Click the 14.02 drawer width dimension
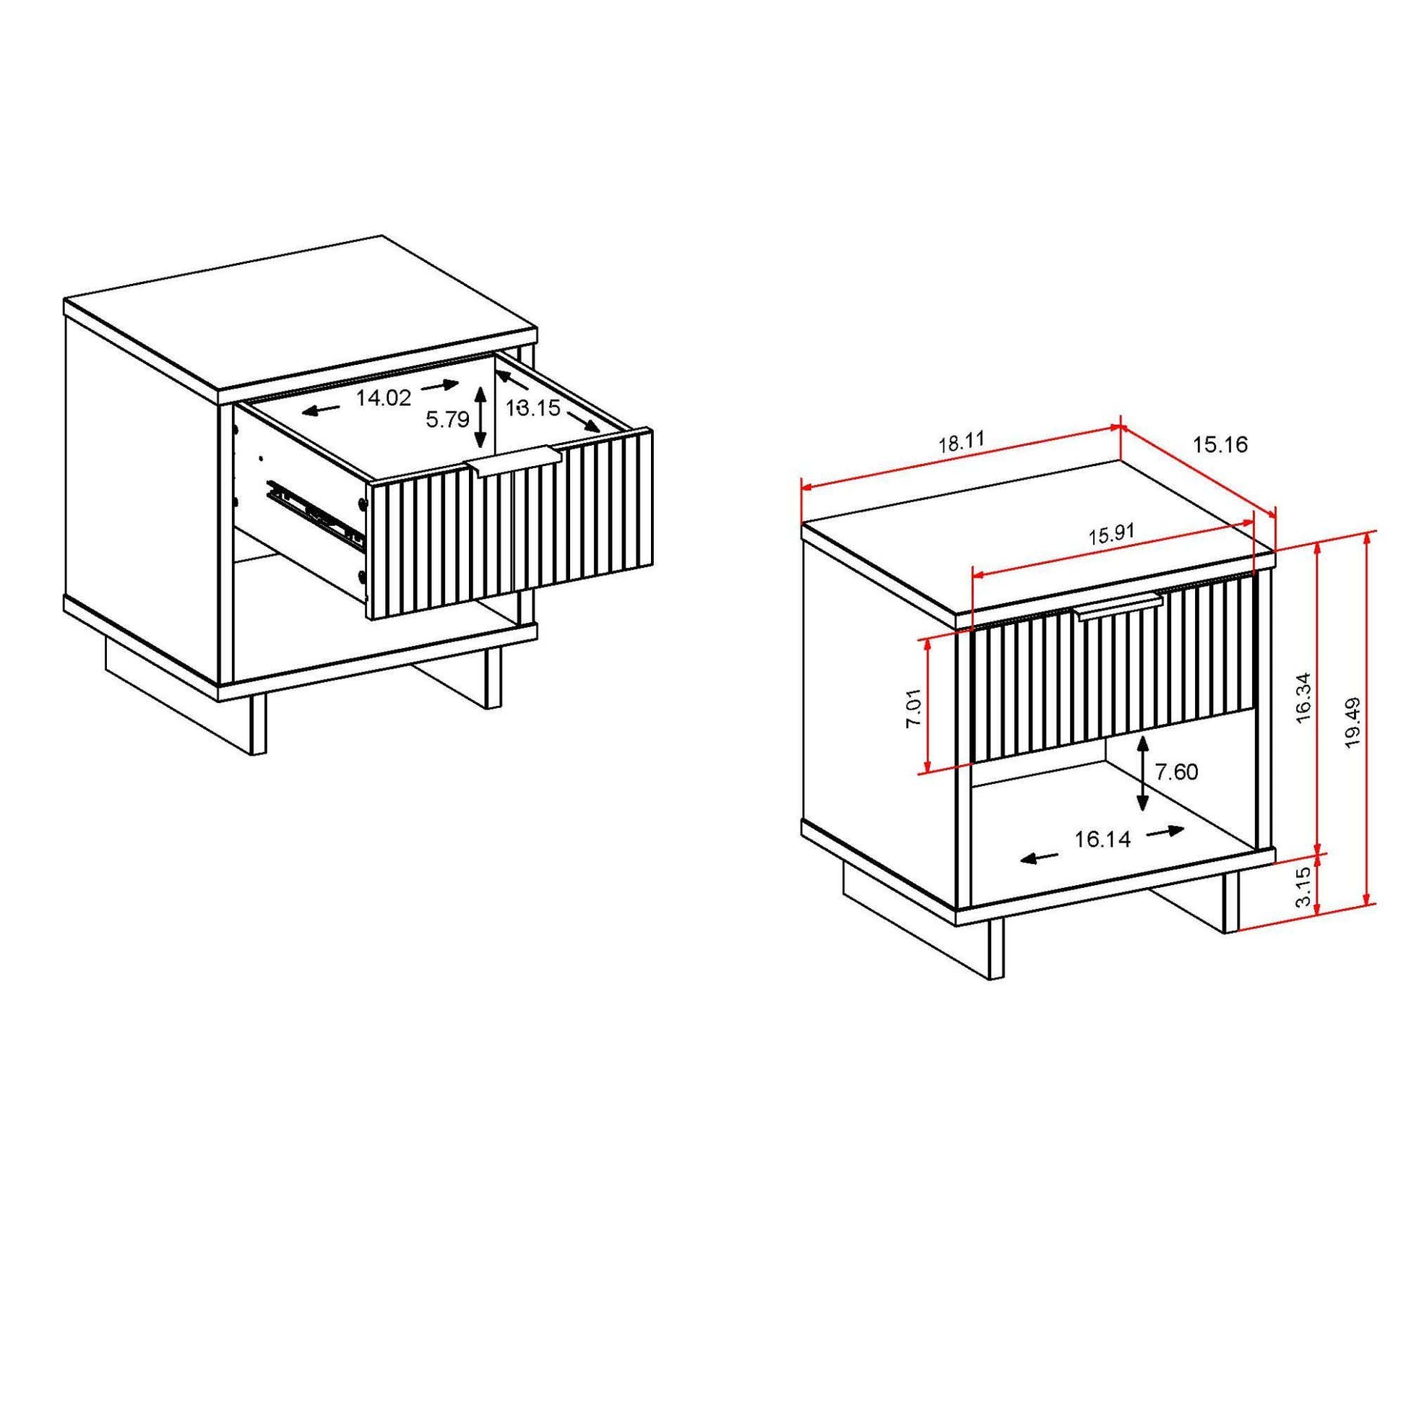[384, 397]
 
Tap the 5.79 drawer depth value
[447, 420]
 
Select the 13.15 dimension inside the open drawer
[533, 408]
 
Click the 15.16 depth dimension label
[1220, 444]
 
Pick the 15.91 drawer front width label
[1111, 535]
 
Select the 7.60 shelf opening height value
[1176, 772]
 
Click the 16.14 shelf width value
[1103, 840]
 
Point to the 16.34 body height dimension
[1303, 696]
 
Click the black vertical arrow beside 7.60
[1142, 773]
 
